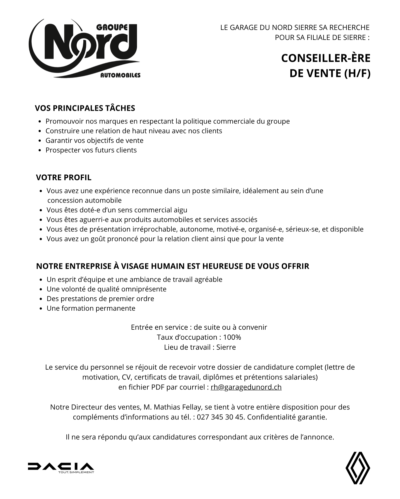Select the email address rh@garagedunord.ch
tap(246, 387)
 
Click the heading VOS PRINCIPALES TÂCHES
tap(85, 108)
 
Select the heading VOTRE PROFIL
tap(64, 178)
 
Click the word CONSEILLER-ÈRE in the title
tap(326, 58)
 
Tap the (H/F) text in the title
tap(357, 74)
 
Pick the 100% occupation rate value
tap(232, 337)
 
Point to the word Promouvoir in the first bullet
tap(63, 121)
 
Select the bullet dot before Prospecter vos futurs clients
tap(40, 150)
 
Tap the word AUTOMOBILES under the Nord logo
tap(120, 76)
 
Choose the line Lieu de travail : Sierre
tap(200, 347)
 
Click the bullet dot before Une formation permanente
tap(41, 309)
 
